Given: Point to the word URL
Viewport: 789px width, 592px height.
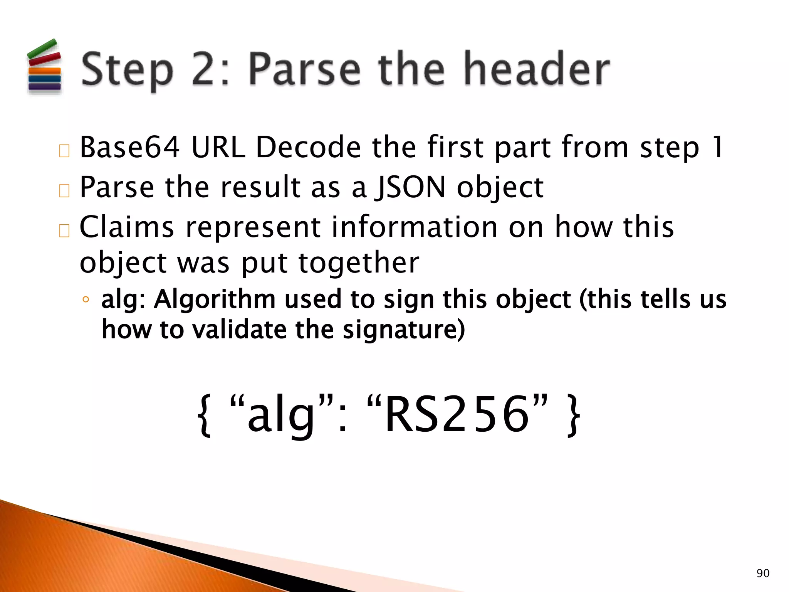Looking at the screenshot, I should pos(218,147).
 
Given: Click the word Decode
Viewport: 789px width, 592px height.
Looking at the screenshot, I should pos(309,147).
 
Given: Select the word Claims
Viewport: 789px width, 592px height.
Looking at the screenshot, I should pos(127,227).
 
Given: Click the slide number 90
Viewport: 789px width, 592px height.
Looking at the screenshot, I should pos(763,573).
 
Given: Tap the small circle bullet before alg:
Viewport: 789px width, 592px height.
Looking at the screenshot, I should pos(86,300).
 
